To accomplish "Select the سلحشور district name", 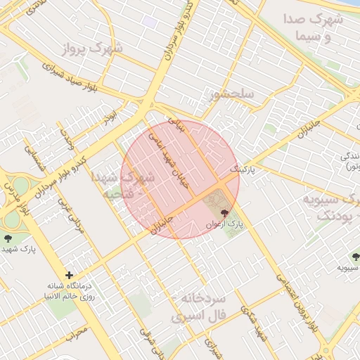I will coord(230,94).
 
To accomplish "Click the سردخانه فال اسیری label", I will coord(202,308).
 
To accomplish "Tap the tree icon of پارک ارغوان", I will coord(225,212).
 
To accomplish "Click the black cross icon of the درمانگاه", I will coord(69,275).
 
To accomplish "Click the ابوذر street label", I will coord(110,116).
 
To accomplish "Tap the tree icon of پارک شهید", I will coord(9,238).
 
